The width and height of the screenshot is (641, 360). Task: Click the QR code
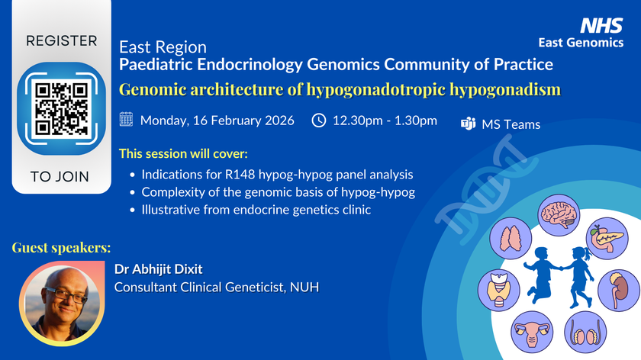[63, 108]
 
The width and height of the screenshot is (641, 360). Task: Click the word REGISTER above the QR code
[63, 40]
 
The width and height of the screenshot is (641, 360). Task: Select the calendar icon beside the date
[127, 121]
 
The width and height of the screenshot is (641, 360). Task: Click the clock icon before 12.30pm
[320, 121]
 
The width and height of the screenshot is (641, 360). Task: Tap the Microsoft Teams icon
[469, 124]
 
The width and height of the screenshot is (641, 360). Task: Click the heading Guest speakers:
[61, 248]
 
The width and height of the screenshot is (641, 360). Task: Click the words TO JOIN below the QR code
[60, 177]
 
